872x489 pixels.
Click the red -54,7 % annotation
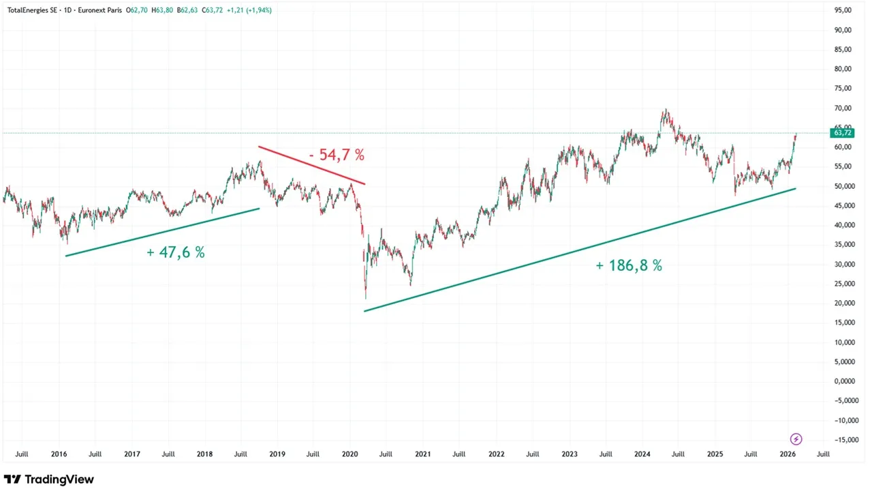point(337,155)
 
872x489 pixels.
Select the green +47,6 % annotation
point(176,252)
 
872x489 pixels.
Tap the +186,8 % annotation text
point(628,266)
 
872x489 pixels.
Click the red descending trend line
point(311,165)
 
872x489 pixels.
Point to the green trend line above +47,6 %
point(162,233)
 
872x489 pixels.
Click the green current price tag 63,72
point(841,132)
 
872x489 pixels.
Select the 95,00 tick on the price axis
point(842,10)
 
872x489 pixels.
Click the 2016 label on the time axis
point(59,454)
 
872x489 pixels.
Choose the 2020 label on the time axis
point(349,454)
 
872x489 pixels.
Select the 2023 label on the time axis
point(569,454)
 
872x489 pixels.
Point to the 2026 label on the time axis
point(788,454)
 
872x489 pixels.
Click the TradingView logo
point(49,479)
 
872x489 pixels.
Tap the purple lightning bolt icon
point(796,439)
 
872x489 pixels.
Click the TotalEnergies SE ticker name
point(31,10)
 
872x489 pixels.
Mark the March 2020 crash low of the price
point(366,297)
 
